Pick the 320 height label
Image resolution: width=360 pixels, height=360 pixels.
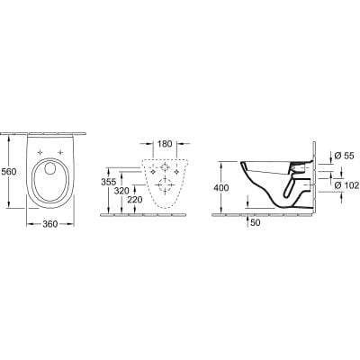(x=124, y=191)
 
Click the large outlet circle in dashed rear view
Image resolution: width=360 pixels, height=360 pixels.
(x=163, y=187)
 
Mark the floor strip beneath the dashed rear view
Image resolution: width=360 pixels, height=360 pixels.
(x=163, y=213)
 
